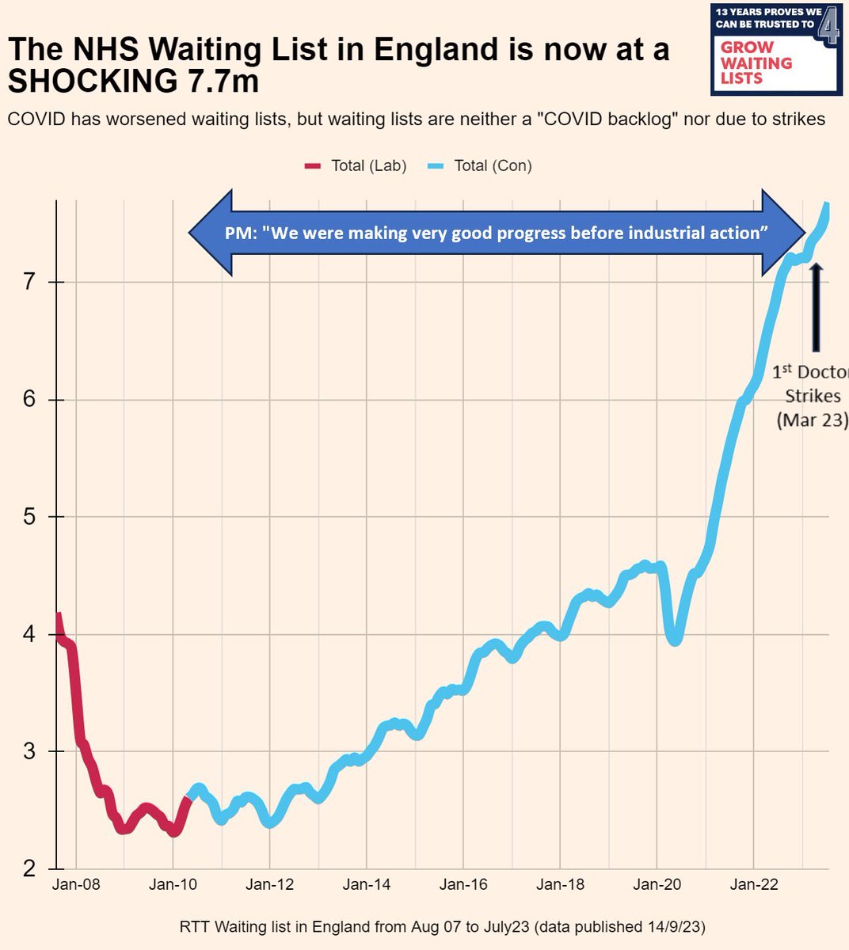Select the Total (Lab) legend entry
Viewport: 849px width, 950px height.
[x=356, y=165]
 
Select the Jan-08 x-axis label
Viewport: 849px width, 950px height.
[x=77, y=885]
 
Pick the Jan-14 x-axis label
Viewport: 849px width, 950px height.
[x=367, y=885]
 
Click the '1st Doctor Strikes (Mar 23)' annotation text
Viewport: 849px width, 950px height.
[x=811, y=395]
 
